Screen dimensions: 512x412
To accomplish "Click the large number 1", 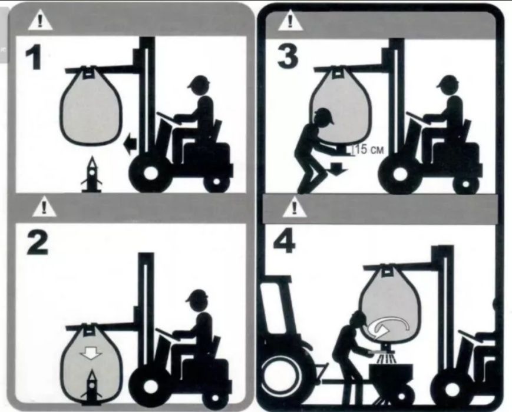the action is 34,57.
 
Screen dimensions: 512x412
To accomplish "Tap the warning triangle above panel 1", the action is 40,20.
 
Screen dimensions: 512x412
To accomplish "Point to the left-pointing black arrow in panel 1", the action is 130,143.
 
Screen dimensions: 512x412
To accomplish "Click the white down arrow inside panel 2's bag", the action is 91,353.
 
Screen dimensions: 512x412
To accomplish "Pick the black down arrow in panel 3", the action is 339,169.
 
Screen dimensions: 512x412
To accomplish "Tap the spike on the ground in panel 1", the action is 92,175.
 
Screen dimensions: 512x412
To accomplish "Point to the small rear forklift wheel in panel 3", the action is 465,184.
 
